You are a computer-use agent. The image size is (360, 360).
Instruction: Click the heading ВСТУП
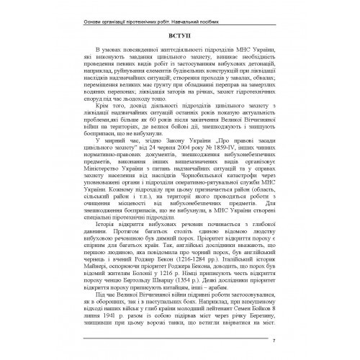(180, 33)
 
